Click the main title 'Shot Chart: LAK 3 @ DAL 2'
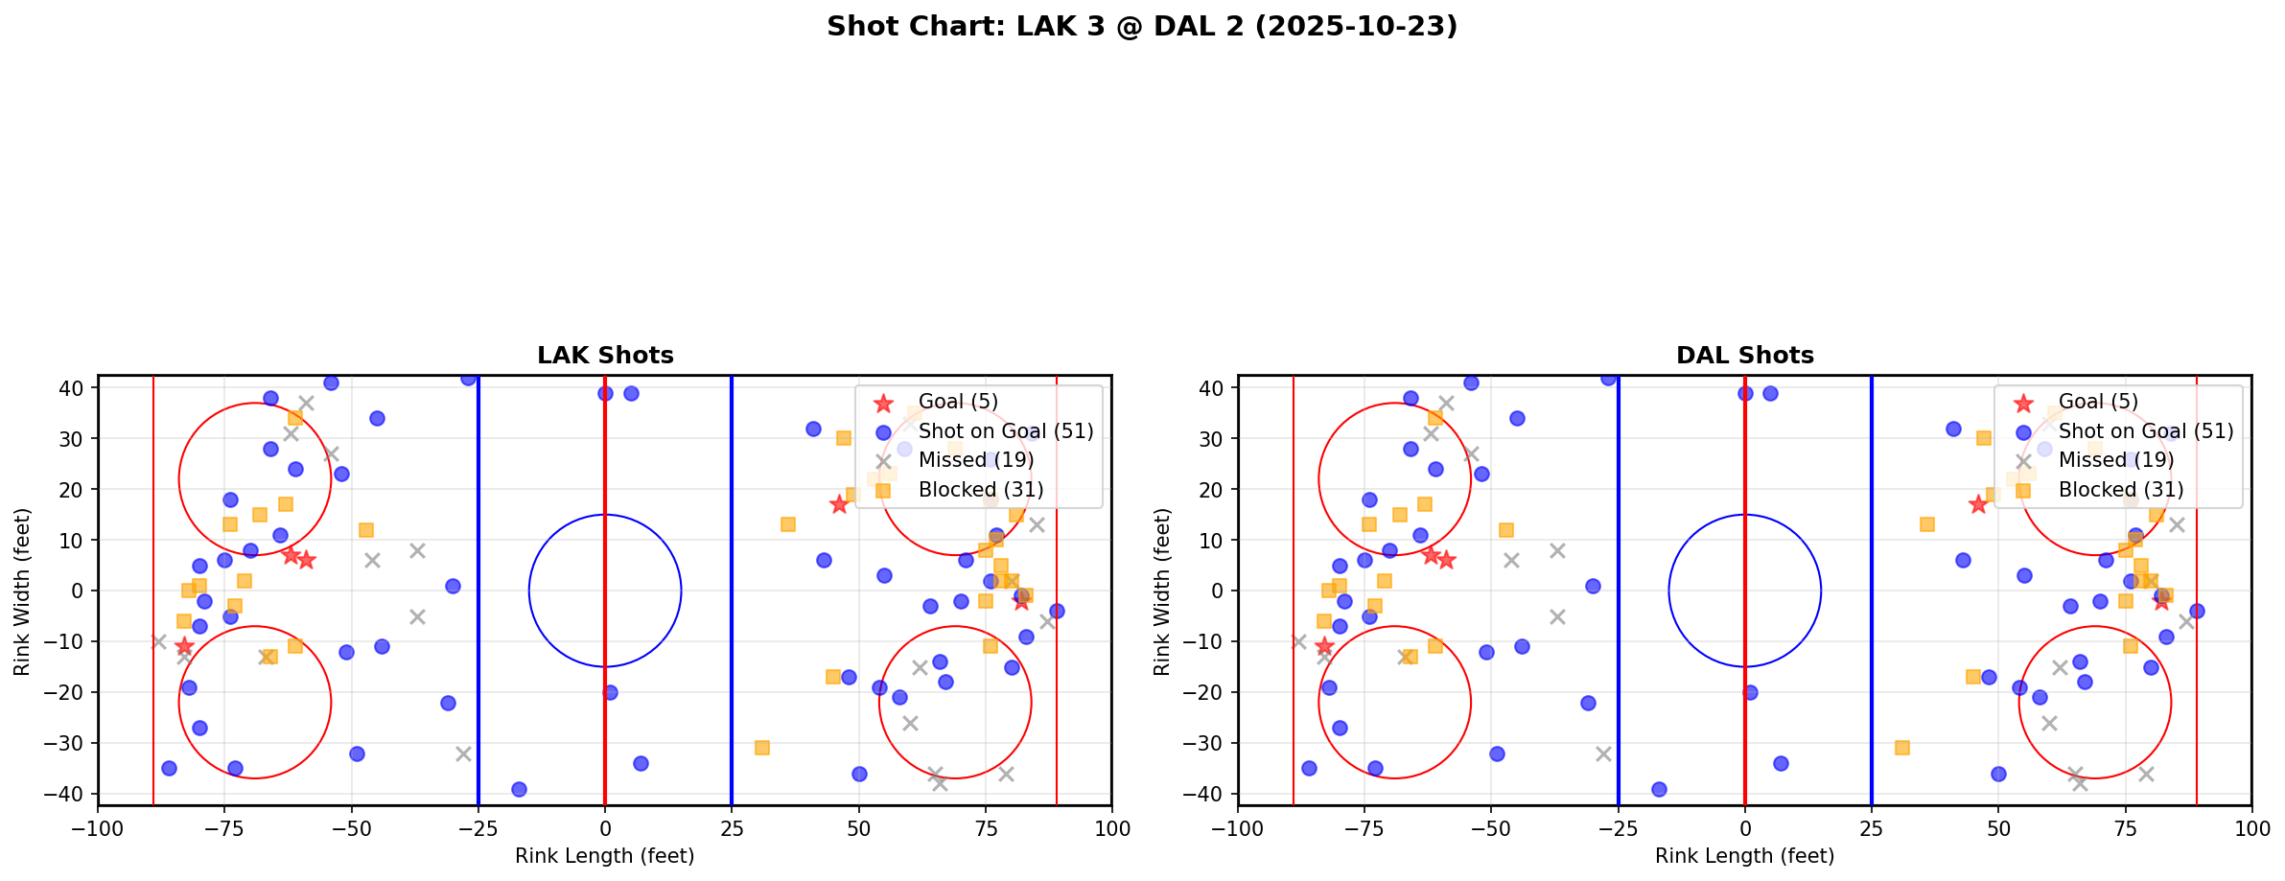coord(1141,27)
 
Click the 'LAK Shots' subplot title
coord(605,356)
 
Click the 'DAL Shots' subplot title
coord(1744,356)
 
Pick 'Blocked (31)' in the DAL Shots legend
coord(2121,490)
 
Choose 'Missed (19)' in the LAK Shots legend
coord(976,460)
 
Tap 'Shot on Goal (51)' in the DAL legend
coord(2146,431)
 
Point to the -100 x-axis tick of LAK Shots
coord(98,827)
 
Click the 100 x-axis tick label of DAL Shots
coord(2250,827)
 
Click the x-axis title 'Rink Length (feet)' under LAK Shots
coord(604,856)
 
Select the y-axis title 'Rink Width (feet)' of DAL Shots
coord(1162,591)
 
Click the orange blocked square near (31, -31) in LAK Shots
coord(762,748)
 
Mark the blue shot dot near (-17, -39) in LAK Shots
coord(519,789)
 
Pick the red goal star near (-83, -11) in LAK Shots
coord(184,646)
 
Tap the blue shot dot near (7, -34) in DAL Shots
coord(1781,763)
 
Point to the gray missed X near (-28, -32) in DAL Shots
coord(1603,753)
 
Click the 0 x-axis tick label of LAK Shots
coord(605,827)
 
